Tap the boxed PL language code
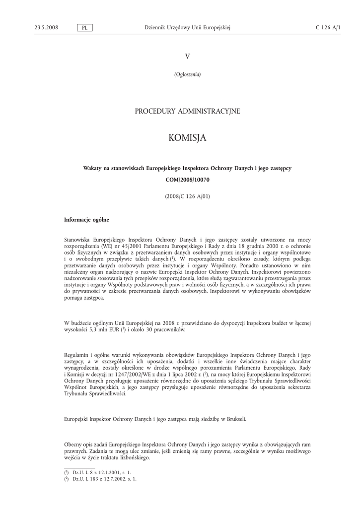tap(85, 28)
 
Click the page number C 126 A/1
tap(328, 28)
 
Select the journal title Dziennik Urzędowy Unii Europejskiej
tap(187, 28)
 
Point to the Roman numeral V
tap(187, 57)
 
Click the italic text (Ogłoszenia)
tap(187, 74)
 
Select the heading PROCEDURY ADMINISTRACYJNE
tap(187, 112)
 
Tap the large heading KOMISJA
tap(187, 137)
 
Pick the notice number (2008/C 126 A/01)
tap(187, 196)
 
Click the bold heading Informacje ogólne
tap(87, 220)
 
